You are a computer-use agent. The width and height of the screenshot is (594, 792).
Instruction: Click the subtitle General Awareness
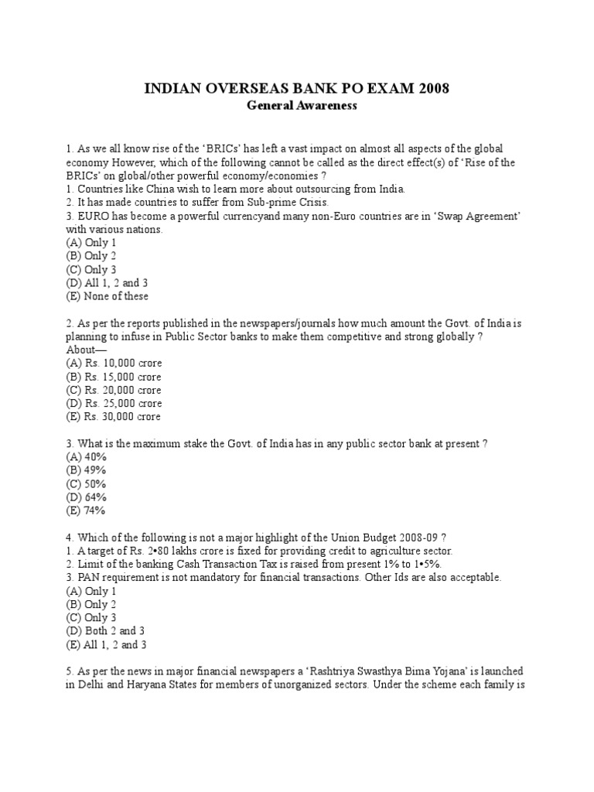(x=302, y=106)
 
